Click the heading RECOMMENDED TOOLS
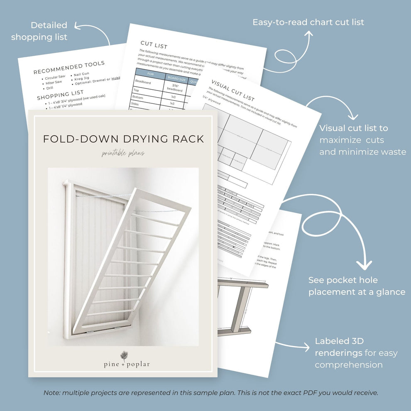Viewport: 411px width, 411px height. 69,68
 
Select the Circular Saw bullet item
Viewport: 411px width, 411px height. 55,77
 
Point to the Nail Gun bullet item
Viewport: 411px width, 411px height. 81,73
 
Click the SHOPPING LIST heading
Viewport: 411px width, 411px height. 60,95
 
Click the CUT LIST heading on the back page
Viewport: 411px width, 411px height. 154,44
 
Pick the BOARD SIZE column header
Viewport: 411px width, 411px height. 176,77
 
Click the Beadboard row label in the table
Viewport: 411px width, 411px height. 143,83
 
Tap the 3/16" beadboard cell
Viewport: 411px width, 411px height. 175,87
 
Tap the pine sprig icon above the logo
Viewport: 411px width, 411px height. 124,355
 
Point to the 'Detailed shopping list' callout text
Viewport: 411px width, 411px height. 39,31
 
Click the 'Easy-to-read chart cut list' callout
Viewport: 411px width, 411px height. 308,22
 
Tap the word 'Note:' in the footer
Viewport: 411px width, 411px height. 52,393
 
